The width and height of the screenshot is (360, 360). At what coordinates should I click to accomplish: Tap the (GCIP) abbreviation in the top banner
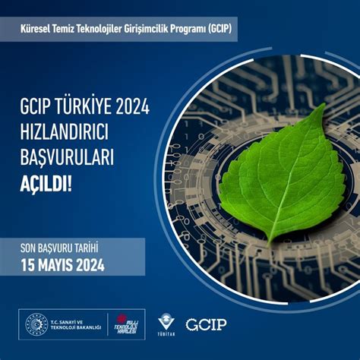coord(216,29)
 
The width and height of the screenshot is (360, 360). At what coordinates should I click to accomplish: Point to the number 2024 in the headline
coord(130,108)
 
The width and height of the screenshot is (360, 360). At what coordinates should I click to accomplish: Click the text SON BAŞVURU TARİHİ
coord(70,248)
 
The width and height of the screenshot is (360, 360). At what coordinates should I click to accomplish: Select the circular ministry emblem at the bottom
coord(36,324)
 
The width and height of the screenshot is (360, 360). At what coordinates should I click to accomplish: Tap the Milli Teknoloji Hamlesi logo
coord(126,324)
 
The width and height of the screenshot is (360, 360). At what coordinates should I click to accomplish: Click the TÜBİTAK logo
coord(166,324)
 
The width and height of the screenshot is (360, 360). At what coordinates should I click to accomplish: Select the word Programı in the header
coord(188,29)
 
